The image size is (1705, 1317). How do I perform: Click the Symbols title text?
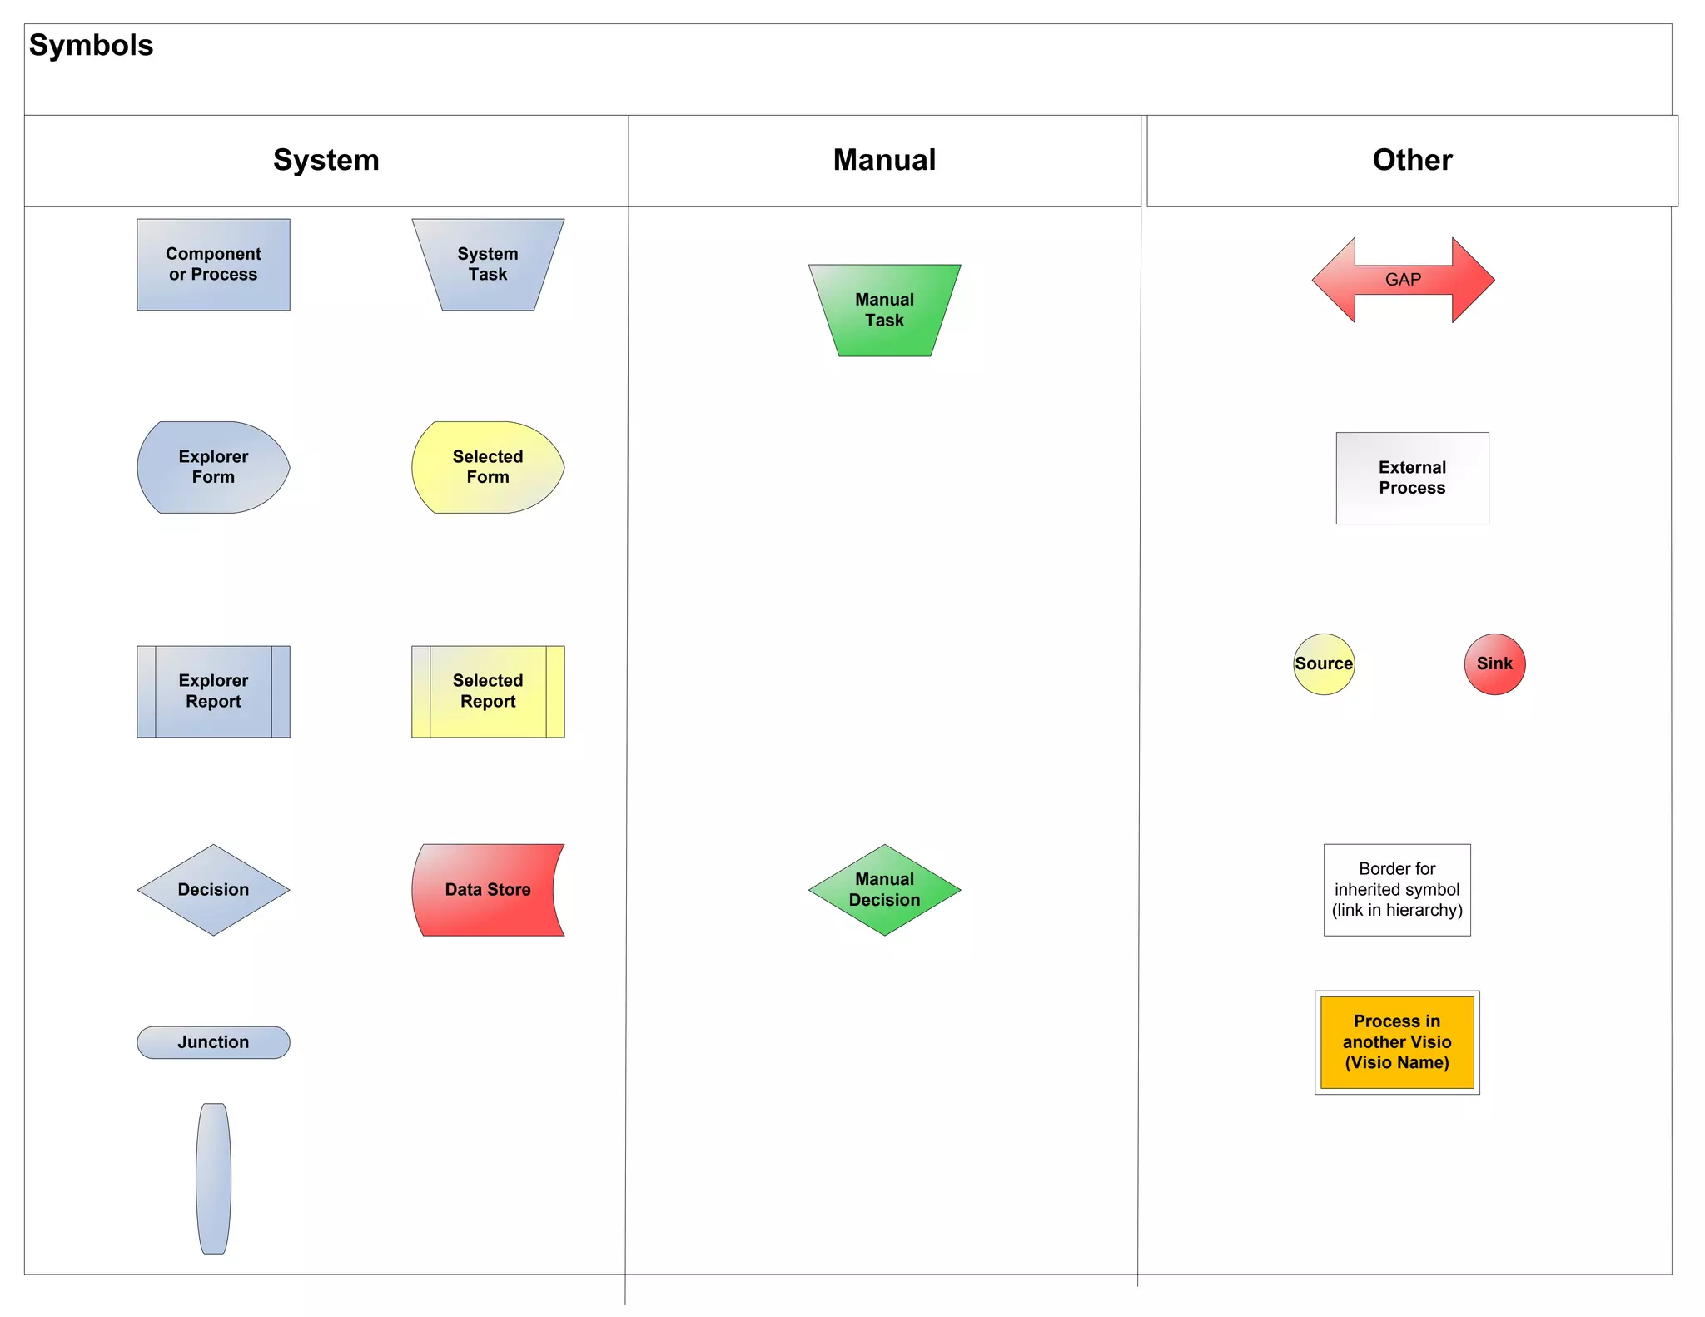click(91, 45)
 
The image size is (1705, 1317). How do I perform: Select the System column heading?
click(326, 160)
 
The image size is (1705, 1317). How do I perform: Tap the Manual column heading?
click(884, 160)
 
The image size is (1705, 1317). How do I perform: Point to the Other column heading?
click(1412, 160)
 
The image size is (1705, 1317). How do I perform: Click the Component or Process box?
click(213, 264)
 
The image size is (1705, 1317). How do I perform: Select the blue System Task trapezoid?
click(488, 264)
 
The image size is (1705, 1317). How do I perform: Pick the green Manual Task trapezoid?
click(884, 310)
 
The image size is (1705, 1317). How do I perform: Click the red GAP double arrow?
click(1403, 280)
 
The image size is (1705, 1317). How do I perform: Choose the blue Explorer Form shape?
click(213, 467)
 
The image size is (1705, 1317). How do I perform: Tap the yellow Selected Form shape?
click(488, 467)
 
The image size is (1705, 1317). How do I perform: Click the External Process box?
click(1412, 478)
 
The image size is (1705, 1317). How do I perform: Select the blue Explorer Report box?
click(213, 691)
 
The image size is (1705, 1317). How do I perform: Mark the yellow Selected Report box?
click(488, 691)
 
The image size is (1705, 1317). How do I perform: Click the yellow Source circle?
click(1324, 663)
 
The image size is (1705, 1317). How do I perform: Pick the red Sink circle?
click(1494, 663)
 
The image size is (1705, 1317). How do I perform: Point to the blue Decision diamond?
click(213, 889)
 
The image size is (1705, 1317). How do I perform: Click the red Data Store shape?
click(488, 889)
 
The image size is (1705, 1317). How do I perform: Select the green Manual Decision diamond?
click(884, 889)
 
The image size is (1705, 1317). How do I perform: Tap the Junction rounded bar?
click(213, 1042)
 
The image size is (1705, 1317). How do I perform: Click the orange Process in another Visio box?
click(1397, 1042)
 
